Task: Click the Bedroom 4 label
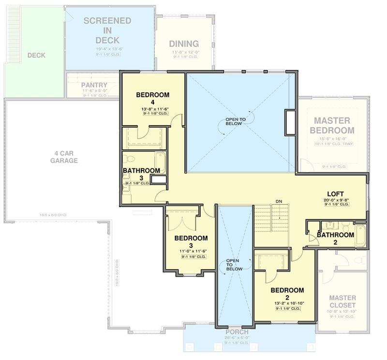152,99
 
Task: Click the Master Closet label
342,302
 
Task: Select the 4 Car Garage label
64,157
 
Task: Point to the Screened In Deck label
107,30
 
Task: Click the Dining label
184,43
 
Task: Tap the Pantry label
94,85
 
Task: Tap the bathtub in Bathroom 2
359,235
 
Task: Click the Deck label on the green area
36,55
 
